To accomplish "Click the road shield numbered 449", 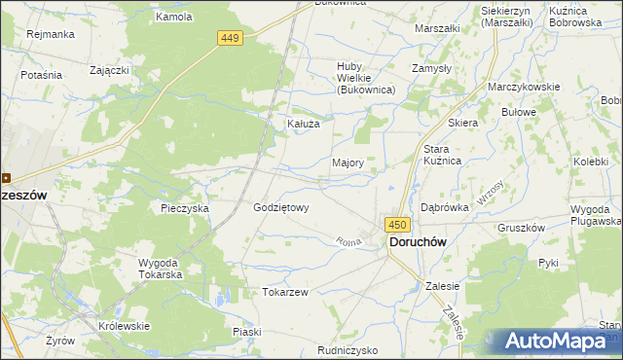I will pyautogui.click(x=229, y=38).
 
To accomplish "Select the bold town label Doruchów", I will pyautogui.click(x=424, y=242).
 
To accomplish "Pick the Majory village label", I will pyautogui.click(x=348, y=162).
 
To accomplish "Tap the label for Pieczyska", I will pyautogui.click(x=185, y=208).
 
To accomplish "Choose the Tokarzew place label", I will pyautogui.click(x=285, y=292).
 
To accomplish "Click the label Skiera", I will pyautogui.click(x=462, y=124).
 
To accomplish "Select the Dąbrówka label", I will pyautogui.click(x=445, y=207).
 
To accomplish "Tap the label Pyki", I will pyautogui.click(x=548, y=263).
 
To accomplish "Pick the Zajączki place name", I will pyautogui.click(x=109, y=70).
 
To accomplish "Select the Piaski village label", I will pyautogui.click(x=247, y=332).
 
